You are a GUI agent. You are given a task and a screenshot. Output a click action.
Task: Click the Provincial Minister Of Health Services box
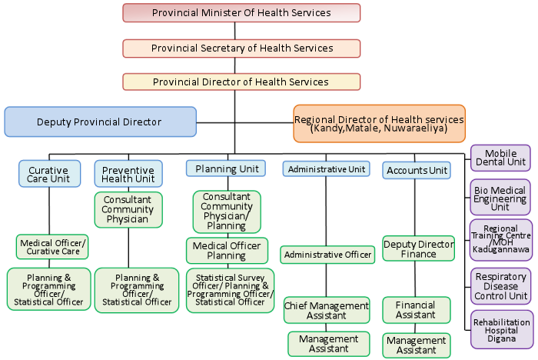(x=241, y=13)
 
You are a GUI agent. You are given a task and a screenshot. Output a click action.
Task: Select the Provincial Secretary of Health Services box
(x=241, y=48)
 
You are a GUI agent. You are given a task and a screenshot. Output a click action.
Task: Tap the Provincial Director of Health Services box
(x=241, y=82)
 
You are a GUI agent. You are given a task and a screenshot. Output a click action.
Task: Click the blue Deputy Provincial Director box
(x=100, y=122)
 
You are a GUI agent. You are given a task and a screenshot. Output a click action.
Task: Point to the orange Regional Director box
(x=379, y=124)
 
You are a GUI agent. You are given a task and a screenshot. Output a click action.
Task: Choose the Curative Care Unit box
(x=48, y=174)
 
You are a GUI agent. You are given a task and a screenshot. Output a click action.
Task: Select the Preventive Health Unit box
(x=128, y=174)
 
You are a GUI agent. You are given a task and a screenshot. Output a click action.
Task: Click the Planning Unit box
(x=226, y=168)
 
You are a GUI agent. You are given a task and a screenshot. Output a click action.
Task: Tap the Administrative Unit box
(x=326, y=169)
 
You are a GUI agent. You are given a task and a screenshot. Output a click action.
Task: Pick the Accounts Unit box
(x=416, y=170)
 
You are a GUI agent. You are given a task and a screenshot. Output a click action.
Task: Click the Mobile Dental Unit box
(x=500, y=157)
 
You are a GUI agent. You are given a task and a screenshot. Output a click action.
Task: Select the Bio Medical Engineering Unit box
(x=500, y=197)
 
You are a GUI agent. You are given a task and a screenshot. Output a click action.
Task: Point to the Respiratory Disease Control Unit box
(x=500, y=285)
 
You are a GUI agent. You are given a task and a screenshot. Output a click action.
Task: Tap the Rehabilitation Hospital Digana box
(x=501, y=328)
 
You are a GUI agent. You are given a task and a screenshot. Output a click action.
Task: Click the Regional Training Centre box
(x=500, y=240)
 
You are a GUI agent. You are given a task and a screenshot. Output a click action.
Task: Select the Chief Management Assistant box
(x=326, y=310)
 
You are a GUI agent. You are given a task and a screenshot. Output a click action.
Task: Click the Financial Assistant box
(x=416, y=310)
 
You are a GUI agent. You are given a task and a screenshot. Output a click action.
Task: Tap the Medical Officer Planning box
(x=226, y=251)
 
